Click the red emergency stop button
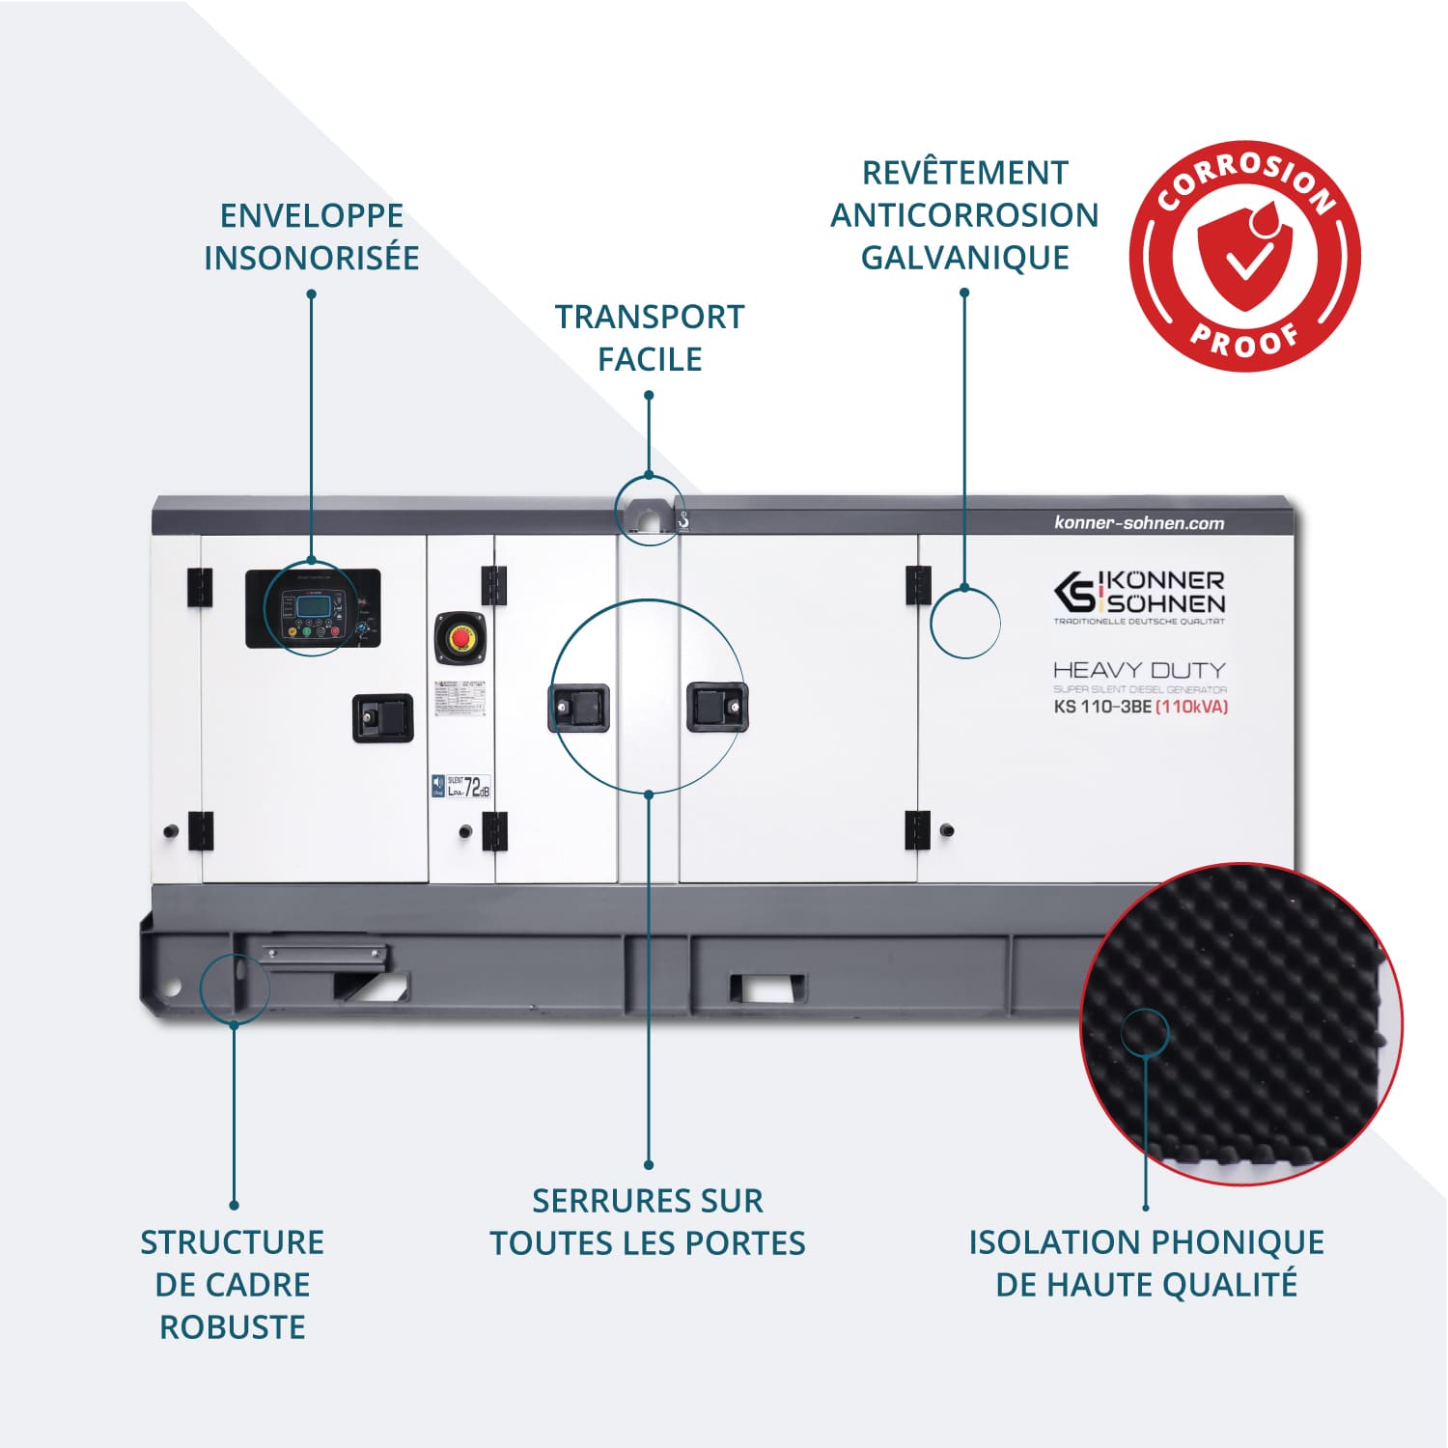(x=460, y=637)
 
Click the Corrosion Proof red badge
(x=1244, y=256)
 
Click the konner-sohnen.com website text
(x=1139, y=523)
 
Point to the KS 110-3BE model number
(x=1102, y=707)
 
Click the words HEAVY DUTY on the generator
(x=1139, y=670)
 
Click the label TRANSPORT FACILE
(x=649, y=338)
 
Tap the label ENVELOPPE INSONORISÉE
(x=311, y=237)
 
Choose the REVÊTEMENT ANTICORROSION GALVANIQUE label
(x=964, y=215)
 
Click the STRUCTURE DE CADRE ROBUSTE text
(x=233, y=1284)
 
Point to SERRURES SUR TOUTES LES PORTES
(x=648, y=1222)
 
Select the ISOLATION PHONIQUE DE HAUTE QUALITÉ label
(x=1146, y=1263)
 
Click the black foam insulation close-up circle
(x=1240, y=1023)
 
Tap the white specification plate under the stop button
(x=460, y=698)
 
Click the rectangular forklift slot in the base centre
(x=766, y=989)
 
